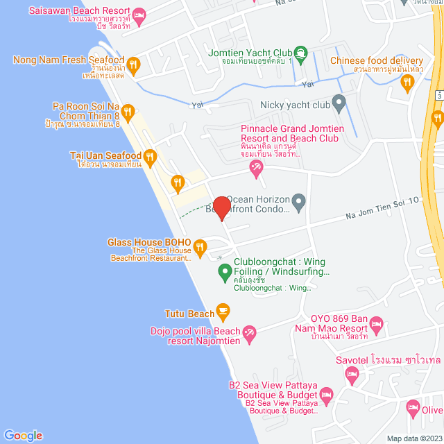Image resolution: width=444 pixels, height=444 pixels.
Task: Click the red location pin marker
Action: coord(221,208)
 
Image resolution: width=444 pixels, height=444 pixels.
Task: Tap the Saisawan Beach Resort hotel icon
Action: coord(139,15)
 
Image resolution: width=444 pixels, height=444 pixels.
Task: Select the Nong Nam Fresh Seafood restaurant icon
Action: coord(133,66)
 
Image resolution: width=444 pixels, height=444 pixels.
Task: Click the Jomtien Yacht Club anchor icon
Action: coord(300,52)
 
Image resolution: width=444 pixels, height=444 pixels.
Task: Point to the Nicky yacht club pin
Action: coord(339,104)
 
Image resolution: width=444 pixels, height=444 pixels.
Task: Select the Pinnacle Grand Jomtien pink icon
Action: coord(256,166)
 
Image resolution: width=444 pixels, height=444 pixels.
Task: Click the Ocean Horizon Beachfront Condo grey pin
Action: coord(299,203)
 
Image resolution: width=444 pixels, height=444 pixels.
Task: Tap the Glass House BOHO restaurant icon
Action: coord(200,246)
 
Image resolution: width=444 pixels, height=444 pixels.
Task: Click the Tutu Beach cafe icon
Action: coord(223,309)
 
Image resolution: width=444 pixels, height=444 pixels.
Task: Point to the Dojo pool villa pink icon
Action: coord(249,336)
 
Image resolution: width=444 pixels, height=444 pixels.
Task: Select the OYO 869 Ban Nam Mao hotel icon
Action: coord(377,324)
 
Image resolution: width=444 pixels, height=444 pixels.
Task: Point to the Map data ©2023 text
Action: coord(413,438)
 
